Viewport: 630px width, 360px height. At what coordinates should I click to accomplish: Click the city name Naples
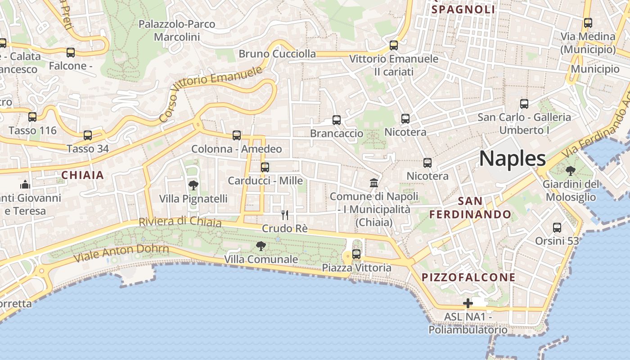coord(513,159)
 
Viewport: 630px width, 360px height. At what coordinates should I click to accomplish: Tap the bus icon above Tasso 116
coord(32,117)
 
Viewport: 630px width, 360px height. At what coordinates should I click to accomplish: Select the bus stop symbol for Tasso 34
coord(88,135)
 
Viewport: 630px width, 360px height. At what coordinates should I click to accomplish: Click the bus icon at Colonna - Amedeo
coord(237,135)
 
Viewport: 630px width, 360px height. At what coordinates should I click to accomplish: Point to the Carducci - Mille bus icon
coord(265,167)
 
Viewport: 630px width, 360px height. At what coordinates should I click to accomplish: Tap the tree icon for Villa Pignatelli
coord(193,185)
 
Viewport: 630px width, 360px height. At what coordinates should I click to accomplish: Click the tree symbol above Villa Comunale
coord(261,246)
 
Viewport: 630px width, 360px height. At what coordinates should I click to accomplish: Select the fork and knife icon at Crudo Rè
coord(284,215)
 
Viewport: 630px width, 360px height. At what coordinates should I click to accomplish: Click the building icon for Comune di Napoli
coord(374,183)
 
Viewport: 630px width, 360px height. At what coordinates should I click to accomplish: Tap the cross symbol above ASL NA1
coord(468,303)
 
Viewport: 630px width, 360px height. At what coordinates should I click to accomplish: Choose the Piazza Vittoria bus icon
coord(356,254)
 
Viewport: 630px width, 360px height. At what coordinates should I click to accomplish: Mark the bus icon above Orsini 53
coord(557,228)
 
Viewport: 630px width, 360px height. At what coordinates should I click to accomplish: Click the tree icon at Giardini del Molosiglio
coord(571,171)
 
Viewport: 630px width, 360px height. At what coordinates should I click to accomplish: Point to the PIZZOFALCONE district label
coord(468,278)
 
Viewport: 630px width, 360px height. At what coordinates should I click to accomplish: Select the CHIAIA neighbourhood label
coord(82,175)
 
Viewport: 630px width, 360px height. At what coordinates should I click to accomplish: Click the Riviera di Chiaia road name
coord(180,222)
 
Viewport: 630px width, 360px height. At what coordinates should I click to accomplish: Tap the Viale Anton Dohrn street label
coord(121,253)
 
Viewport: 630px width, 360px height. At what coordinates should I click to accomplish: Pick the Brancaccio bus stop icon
coord(337,120)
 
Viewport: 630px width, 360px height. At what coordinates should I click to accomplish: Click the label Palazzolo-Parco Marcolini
coord(177,30)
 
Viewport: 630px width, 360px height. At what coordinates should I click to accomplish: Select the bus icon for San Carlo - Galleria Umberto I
coord(524,104)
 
